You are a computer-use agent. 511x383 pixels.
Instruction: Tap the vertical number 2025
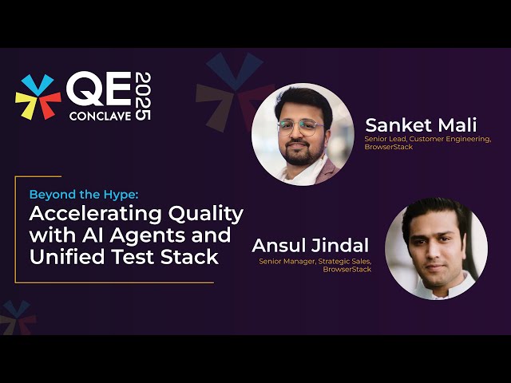[x=141, y=96]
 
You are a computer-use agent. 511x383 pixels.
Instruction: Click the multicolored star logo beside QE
[x=38, y=97]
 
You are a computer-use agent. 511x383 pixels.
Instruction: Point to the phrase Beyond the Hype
[x=84, y=194]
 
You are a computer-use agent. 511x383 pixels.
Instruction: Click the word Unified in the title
[x=66, y=257]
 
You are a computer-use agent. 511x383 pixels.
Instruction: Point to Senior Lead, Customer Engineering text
[x=428, y=139]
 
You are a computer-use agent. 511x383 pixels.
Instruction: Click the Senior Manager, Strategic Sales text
[x=315, y=261]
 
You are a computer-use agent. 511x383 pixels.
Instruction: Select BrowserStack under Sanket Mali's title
[x=389, y=147]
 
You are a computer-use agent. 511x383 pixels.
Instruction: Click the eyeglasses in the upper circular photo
[x=300, y=126]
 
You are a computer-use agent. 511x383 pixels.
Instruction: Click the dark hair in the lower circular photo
[x=436, y=214]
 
